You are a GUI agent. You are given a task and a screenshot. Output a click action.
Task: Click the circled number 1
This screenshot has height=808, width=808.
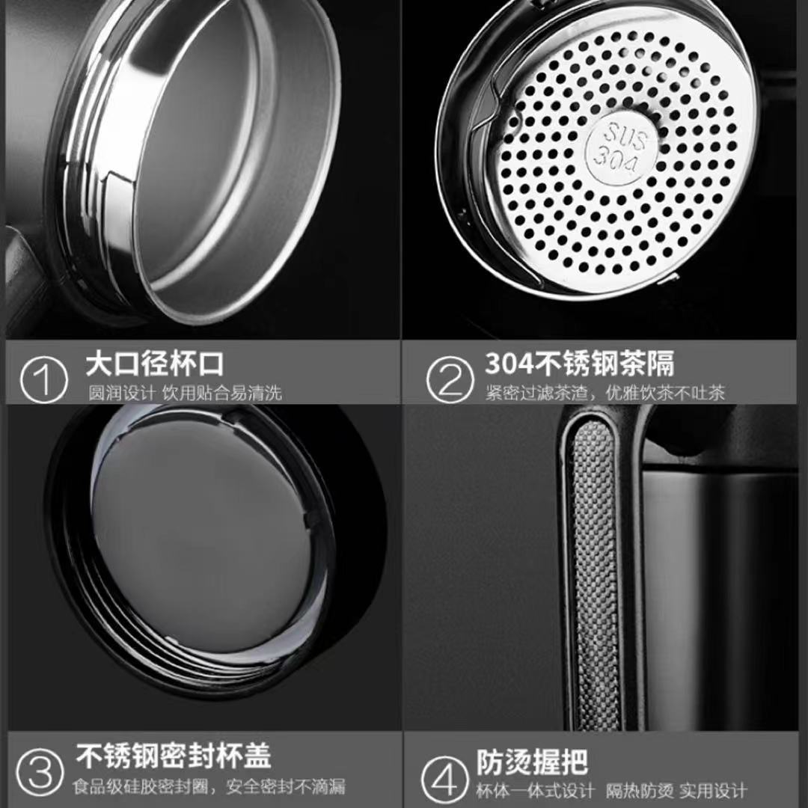pyautogui.click(x=44, y=380)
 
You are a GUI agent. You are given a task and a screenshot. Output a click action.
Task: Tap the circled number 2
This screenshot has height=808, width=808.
pyautogui.click(x=450, y=380)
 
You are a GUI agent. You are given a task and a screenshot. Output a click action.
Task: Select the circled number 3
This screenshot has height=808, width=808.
pyautogui.click(x=40, y=774)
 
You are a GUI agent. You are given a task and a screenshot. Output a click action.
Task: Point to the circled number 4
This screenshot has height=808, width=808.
pyautogui.click(x=445, y=780)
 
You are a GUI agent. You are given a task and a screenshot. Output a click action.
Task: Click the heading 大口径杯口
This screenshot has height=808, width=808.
pyautogui.click(x=155, y=364)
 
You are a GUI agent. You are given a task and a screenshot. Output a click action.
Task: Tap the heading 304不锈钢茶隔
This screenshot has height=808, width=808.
pyautogui.click(x=580, y=363)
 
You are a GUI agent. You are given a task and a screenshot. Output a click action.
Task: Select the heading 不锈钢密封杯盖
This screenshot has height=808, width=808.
pyautogui.click(x=174, y=756)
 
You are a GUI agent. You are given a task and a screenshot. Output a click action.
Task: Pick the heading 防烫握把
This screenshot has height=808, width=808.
pyautogui.click(x=532, y=762)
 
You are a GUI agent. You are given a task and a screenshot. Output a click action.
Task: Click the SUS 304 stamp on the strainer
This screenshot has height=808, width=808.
pyautogui.click(x=622, y=147)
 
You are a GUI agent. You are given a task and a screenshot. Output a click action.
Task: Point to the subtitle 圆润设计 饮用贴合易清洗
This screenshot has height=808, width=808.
pyautogui.click(x=185, y=394)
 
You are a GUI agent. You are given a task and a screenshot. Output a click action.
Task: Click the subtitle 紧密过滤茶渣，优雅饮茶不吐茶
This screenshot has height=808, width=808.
pyautogui.click(x=605, y=394)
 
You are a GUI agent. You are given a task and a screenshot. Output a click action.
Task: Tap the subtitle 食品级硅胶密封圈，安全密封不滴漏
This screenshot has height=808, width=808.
pyautogui.click(x=209, y=786)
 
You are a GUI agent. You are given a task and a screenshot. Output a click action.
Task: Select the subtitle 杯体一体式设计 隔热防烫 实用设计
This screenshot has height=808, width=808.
pyautogui.click(x=611, y=790)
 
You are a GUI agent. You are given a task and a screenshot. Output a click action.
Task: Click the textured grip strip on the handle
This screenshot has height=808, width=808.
pyautogui.click(x=593, y=572)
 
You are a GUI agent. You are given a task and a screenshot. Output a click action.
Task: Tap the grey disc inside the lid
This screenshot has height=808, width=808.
pyautogui.click(x=202, y=536)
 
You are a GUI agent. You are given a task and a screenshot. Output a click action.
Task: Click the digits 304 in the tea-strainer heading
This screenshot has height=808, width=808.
pyautogui.click(x=509, y=364)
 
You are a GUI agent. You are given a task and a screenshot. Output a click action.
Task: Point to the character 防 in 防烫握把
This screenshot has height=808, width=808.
pyautogui.click(x=489, y=762)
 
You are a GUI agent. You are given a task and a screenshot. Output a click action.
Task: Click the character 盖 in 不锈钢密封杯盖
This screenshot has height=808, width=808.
pyautogui.click(x=257, y=756)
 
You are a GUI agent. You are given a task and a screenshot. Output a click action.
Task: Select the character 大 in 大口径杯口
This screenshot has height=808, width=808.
pyautogui.click(x=100, y=364)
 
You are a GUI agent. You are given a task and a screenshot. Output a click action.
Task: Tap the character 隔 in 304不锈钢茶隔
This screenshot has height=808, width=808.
pyautogui.click(x=661, y=363)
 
